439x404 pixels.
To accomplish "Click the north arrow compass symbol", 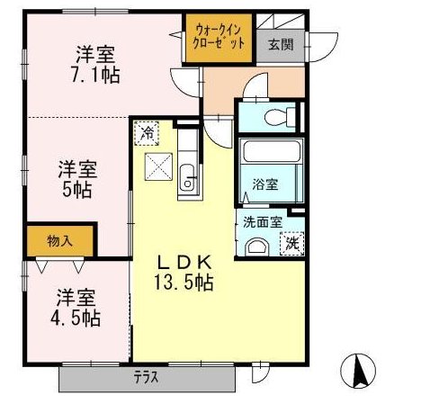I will coord(361,370).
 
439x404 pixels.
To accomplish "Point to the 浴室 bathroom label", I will coord(264,185).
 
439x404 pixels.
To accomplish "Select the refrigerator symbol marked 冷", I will coord(148,132).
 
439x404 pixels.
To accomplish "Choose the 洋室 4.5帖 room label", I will coord(76,307).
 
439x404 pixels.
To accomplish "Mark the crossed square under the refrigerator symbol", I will coord(157,165).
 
